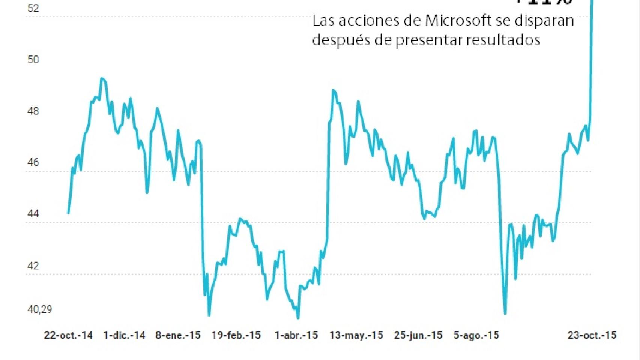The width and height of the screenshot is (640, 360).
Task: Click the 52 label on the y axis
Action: tap(33, 8)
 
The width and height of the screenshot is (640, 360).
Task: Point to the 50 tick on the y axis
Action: tap(33, 60)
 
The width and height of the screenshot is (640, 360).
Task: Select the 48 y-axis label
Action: tap(33, 111)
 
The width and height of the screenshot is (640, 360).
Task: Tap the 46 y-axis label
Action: tap(33, 162)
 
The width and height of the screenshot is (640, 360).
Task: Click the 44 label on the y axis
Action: tap(33, 214)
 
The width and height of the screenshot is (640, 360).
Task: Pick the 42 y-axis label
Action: tap(33, 265)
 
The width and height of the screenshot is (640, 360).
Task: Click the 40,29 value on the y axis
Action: tap(40, 309)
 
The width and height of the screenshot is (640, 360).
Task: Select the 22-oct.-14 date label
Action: tap(68, 335)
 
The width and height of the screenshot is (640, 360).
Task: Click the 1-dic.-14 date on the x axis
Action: tap(124, 335)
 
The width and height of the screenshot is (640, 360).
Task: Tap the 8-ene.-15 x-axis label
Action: tap(178, 335)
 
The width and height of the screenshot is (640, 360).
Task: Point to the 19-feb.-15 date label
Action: tap(236, 335)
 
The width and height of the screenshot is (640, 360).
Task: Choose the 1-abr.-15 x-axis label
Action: tap(296, 335)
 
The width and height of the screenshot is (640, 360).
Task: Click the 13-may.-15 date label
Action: tap(356, 335)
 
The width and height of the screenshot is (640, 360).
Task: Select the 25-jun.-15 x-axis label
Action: tap(418, 335)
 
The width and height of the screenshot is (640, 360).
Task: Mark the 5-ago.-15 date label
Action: tap(476, 335)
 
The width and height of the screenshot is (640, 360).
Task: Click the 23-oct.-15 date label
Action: tap(592, 335)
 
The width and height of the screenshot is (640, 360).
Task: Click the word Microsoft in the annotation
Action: tap(458, 20)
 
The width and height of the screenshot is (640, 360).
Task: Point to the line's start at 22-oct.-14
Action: tap(68, 213)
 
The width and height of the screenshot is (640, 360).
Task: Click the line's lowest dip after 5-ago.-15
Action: tap(505, 313)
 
